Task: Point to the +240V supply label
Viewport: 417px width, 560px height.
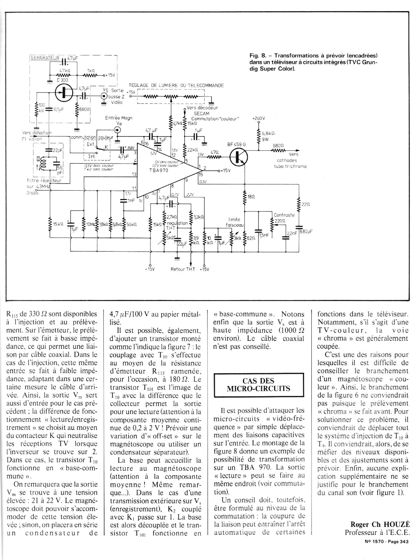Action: click(259, 118)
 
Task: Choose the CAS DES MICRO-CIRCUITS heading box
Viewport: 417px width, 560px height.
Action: click(259, 385)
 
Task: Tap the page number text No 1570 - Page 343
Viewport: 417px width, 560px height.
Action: click(386, 541)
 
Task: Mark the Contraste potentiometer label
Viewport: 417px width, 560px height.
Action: click(284, 215)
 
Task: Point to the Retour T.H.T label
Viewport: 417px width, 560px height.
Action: click(183, 269)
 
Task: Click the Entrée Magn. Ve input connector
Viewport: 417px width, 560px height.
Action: click(117, 130)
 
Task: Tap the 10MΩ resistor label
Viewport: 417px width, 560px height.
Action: click(90, 224)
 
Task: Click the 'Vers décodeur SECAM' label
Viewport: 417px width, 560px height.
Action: click(202, 111)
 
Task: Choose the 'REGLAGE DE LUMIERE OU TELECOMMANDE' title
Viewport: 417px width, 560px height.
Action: click(176, 86)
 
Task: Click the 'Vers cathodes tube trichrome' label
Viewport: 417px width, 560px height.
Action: click(290, 160)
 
